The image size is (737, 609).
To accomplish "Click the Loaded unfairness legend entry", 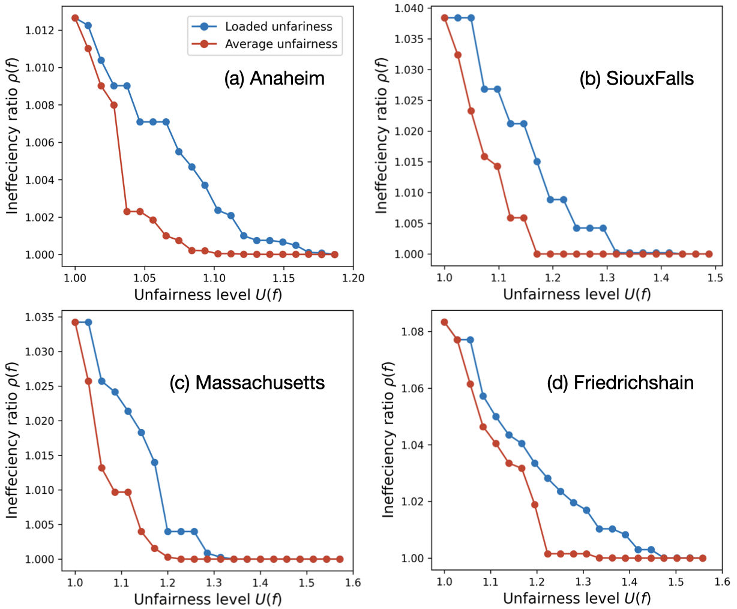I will tap(278, 26).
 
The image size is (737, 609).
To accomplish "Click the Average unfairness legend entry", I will tap(281, 44).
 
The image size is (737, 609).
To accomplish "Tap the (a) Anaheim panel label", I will tap(274, 79).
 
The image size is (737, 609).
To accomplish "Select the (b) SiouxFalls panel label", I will tap(636, 79).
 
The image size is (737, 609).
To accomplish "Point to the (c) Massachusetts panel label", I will tap(247, 383).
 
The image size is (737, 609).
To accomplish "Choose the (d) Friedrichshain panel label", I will tap(620, 383).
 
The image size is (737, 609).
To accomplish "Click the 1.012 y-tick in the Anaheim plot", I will tap(41, 30).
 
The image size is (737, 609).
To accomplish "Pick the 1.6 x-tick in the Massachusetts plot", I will tap(353, 583).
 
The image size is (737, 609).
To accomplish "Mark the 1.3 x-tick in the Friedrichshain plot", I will tap(583, 583).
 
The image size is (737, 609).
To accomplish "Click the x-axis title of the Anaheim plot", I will tap(208, 295).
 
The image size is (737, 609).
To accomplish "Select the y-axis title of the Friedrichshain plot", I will tap(388, 440).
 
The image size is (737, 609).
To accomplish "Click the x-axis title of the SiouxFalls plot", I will tap(577, 295).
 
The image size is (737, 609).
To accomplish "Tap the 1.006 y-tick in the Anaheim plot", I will tap(41, 142).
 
